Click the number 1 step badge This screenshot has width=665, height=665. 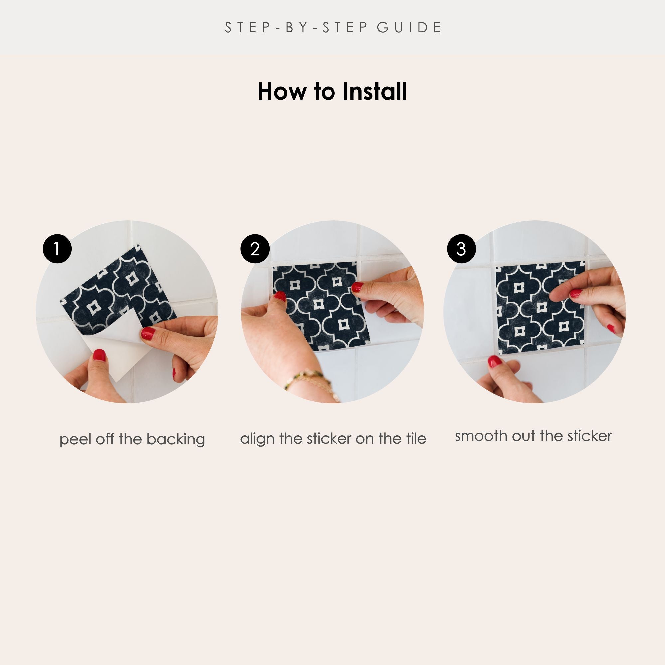(57, 249)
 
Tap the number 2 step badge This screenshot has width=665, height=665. (255, 249)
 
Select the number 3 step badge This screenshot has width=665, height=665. (461, 249)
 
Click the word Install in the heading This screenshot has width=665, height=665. (374, 91)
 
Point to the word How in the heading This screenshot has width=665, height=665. (282, 91)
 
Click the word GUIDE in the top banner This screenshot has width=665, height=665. (409, 28)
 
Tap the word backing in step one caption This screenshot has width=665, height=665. (176, 440)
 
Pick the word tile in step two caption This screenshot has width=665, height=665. (416, 439)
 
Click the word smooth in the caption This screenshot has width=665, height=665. (481, 436)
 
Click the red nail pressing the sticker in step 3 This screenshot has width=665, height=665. (576, 294)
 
